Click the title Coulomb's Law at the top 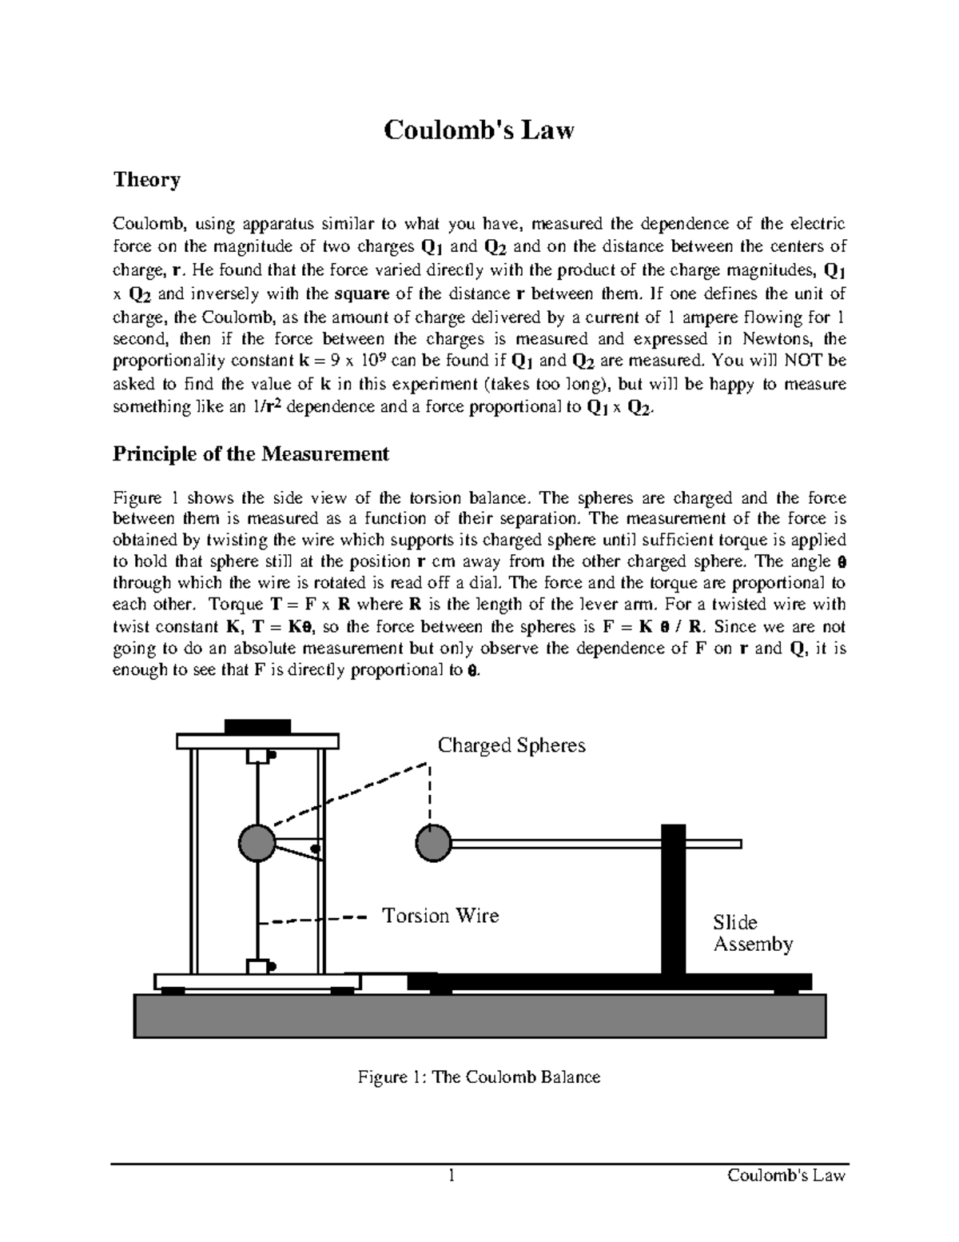479,130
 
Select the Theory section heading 146,179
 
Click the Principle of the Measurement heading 250,454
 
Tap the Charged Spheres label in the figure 511,745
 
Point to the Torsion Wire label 440,916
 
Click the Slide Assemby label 752,933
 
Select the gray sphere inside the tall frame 257,842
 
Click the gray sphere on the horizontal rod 434,843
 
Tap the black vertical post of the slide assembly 674,900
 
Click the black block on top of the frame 257,726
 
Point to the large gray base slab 479,1015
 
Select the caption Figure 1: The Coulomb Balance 479,1077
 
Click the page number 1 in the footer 452,1176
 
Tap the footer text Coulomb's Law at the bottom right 786,1176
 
